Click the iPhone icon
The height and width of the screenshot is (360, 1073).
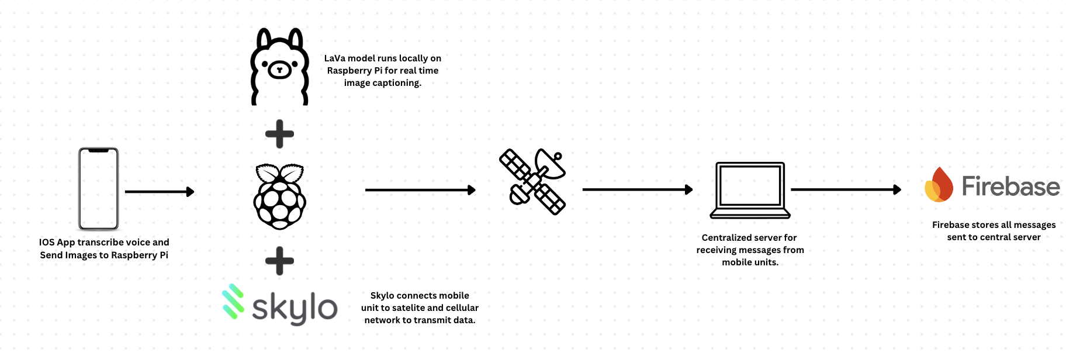(99, 189)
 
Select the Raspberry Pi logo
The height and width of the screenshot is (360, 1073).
(279, 196)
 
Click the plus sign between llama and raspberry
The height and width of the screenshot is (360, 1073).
(279, 134)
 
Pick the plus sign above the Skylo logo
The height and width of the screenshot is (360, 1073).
(279, 261)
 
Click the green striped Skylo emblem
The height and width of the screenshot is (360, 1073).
(233, 302)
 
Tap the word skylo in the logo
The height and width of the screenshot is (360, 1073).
(295, 308)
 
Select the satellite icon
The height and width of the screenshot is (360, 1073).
(532, 182)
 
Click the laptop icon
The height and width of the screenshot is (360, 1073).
(750, 191)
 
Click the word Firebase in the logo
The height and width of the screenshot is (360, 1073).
(1010, 186)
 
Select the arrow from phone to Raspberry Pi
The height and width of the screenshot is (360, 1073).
(159, 192)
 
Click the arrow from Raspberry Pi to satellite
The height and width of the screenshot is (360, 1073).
(420, 190)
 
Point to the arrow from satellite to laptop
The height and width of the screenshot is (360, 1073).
(637, 189)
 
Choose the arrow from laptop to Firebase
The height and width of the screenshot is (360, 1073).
(845, 189)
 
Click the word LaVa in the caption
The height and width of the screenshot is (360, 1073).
(335, 58)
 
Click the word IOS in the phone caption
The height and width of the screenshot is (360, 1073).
(47, 243)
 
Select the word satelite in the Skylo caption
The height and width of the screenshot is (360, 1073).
(409, 308)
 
